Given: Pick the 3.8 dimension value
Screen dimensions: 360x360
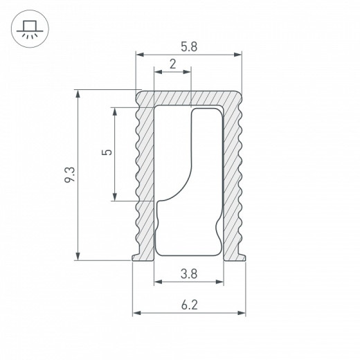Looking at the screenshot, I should point(189,273).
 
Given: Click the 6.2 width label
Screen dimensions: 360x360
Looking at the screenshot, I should point(189,304).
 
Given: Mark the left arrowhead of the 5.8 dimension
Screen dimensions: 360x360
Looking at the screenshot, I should point(138,54).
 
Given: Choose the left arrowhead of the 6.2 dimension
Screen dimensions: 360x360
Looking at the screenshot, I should point(136,314).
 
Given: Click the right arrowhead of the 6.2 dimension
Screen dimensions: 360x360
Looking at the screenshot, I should point(243,314).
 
